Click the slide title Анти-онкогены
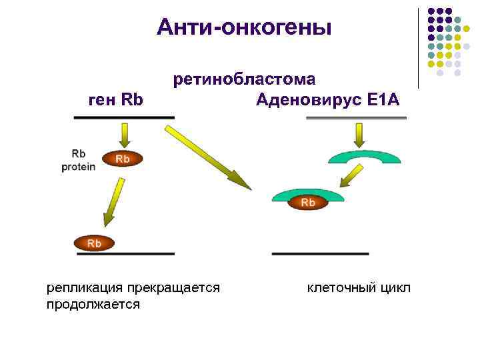click(x=244, y=27)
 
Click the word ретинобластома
click(x=245, y=80)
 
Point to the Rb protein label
click(x=79, y=160)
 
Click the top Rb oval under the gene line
click(x=123, y=159)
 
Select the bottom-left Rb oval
click(x=94, y=243)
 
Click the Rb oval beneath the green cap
click(x=308, y=202)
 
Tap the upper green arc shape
click(x=365, y=155)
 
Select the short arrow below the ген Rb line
click(x=123, y=136)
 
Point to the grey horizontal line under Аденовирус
click(x=356, y=118)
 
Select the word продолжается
click(x=93, y=305)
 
